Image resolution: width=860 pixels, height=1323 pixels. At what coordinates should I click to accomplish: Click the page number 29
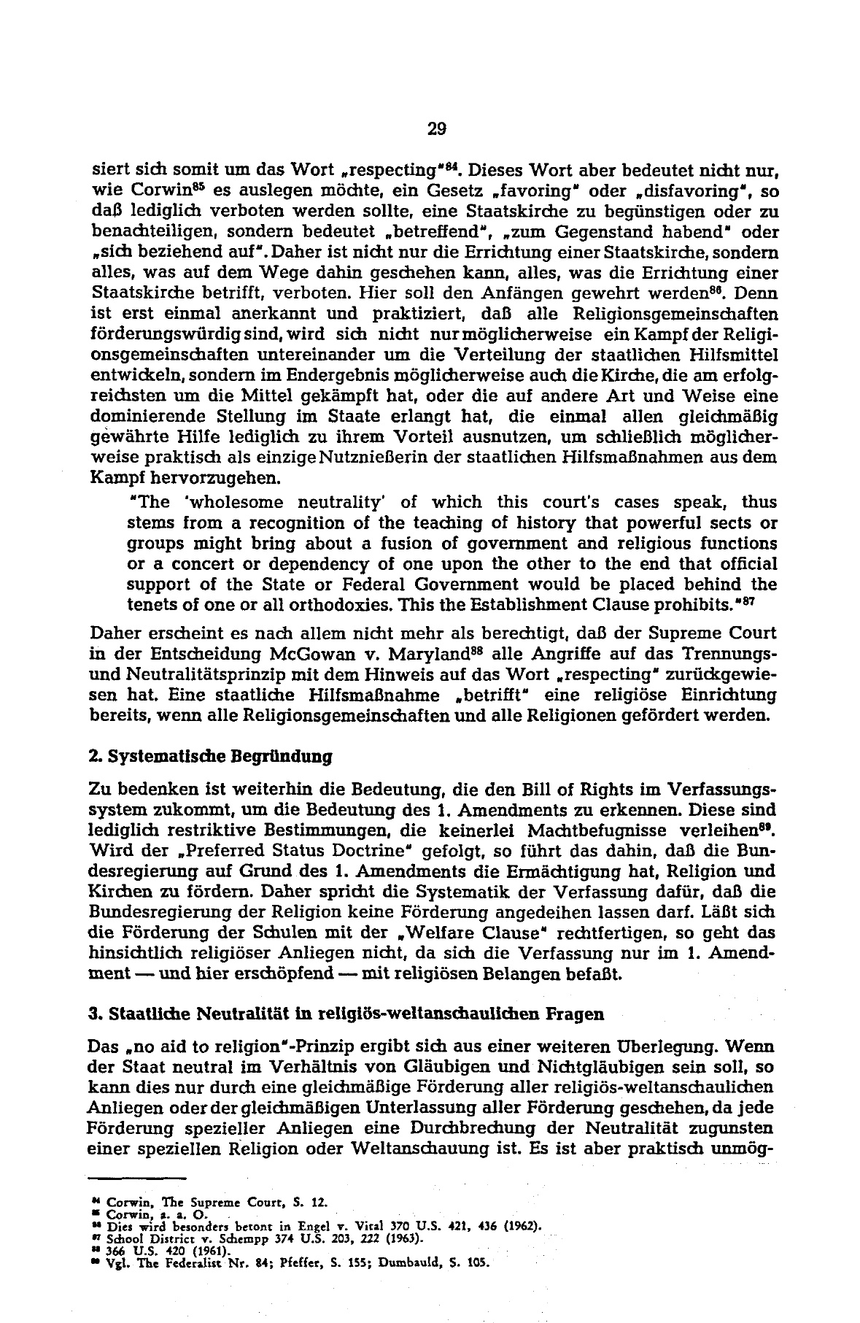[436, 130]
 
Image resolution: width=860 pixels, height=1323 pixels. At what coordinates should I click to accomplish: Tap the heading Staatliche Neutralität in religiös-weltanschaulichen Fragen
[345, 1014]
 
